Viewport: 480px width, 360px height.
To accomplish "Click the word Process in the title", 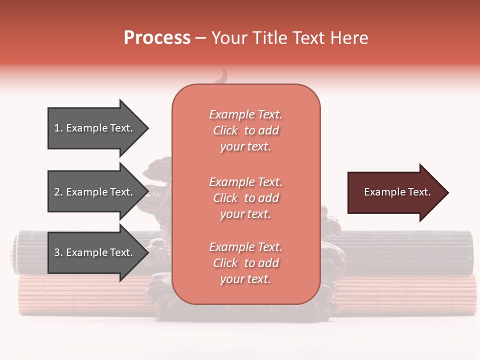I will [x=157, y=38].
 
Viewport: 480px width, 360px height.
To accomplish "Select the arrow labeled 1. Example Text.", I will [x=95, y=128].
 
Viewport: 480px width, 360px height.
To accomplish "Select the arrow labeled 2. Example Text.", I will [x=95, y=192].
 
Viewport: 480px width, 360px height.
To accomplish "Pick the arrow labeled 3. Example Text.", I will [x=95, y=252].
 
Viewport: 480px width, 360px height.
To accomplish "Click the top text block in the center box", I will [x=245, y=130].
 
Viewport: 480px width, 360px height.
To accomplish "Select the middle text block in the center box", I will [x=245, y=198].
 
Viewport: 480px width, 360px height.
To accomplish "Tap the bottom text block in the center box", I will [x=245, y=263].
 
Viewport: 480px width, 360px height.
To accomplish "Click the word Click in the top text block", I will [x=225, y=130].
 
